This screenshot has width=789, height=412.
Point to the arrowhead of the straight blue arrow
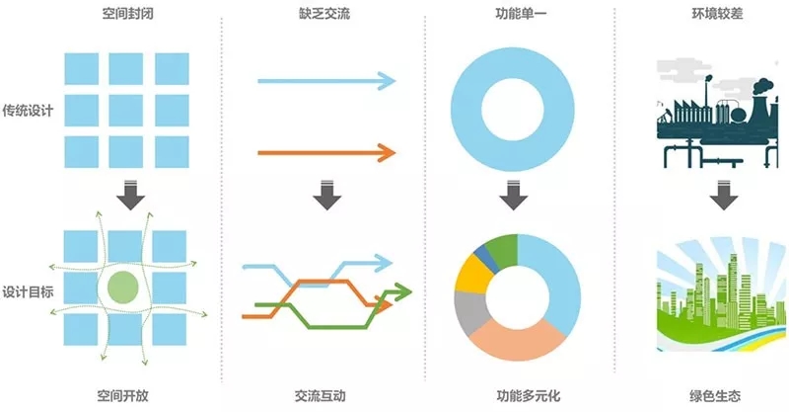click(387, 80)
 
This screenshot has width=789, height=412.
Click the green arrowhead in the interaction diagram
click(400, 291)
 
